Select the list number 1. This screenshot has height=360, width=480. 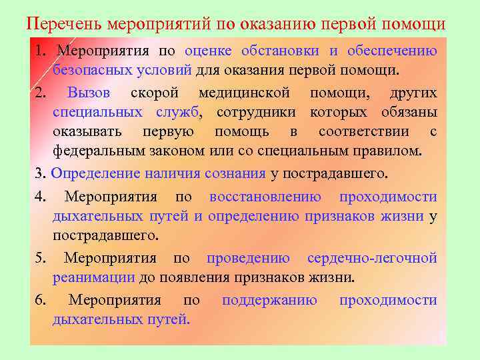39,51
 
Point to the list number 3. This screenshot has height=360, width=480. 39,174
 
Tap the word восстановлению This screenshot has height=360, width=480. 265,197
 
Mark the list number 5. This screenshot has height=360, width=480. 39,258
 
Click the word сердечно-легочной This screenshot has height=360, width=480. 372,258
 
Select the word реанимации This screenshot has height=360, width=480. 94,277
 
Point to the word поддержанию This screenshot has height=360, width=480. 269,300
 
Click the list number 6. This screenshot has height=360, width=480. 39,300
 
